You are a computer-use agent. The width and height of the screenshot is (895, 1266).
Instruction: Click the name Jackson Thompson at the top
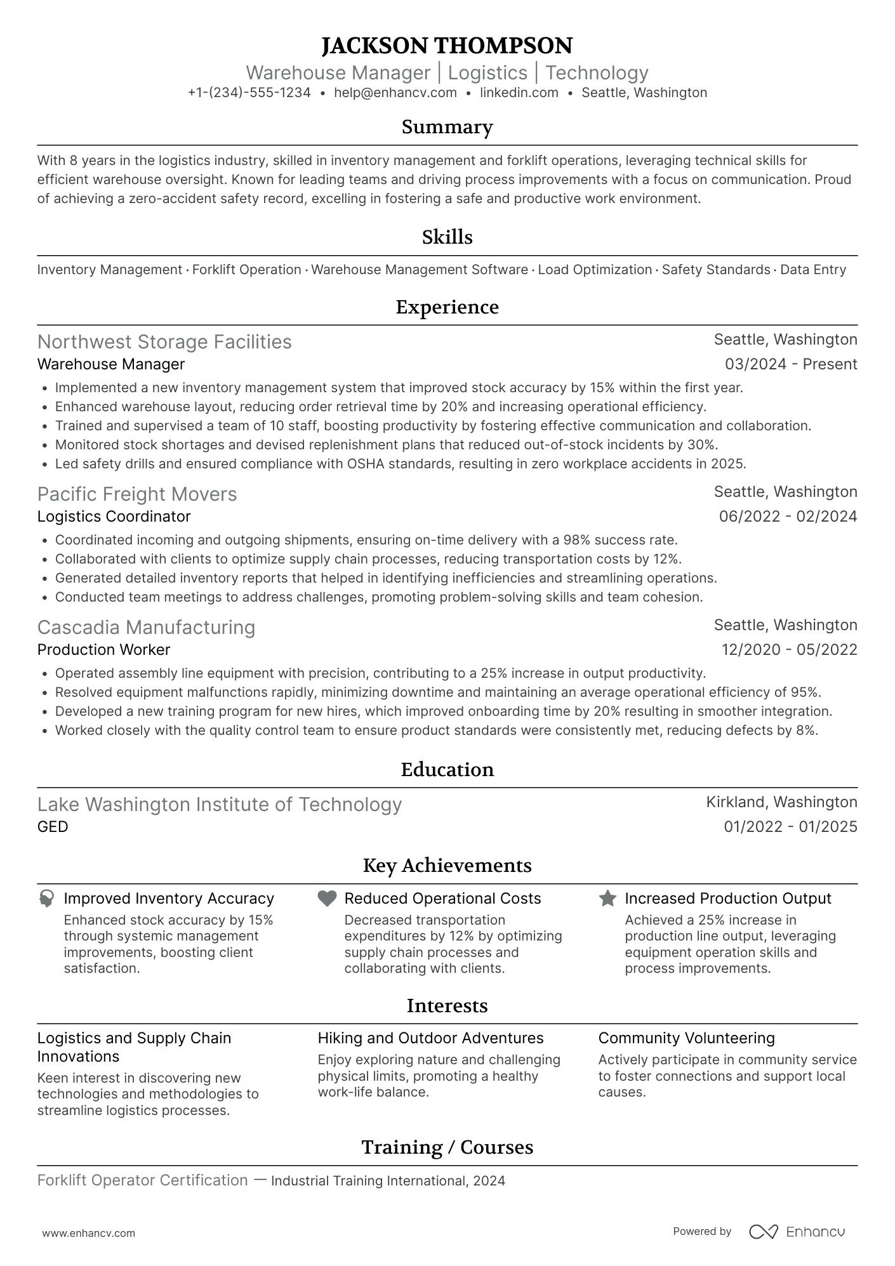tap(447, 46)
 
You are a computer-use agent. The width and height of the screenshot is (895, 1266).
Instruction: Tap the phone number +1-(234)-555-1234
tap(249, 93)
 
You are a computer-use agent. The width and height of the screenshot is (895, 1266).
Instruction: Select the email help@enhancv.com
tap(395, 93)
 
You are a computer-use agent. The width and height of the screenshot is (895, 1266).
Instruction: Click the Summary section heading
tap(447, 127)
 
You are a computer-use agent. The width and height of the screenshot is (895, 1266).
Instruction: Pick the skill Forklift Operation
tap(246, 270)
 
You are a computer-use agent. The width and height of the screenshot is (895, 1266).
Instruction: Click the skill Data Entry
tap(812, 270)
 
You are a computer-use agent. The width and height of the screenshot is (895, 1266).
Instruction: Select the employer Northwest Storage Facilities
tap(164, 342)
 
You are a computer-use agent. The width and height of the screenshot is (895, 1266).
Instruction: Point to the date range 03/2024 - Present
tap(791, 364)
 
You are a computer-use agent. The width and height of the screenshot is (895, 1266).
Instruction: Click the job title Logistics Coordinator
tap(114, 517)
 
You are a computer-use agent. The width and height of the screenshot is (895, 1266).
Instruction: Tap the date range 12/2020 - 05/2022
tap(789, 650)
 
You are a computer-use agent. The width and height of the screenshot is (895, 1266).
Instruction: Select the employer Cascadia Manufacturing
tap(146, 628)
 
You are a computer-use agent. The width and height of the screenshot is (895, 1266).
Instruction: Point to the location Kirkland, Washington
tap(781, 802)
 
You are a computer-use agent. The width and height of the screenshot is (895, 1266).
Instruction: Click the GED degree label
tap(53, 827)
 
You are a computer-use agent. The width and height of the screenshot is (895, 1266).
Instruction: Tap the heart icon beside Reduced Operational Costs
tap(327, 899)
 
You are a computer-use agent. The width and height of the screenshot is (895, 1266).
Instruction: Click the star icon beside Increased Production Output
tap(607, 899)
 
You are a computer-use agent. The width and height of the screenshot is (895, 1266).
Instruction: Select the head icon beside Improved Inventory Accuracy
tap(46, 899)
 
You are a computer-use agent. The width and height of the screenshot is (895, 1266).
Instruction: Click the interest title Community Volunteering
tap(686, 1038)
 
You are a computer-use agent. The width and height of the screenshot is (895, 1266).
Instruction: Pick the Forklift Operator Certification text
tap(142, 1180)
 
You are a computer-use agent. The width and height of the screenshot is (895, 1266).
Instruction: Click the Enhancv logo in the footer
tap(797, 1232)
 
